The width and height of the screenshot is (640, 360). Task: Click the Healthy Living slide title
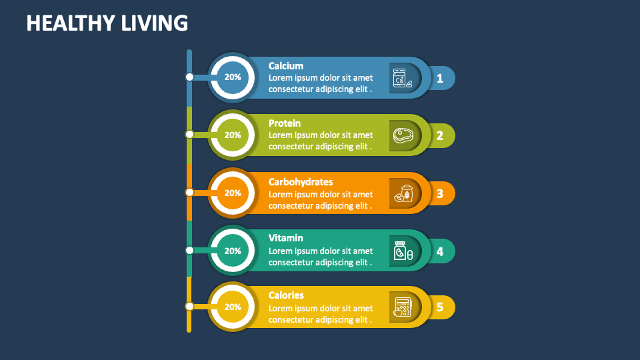(107, 23)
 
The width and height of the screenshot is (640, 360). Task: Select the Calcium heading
(286, 66)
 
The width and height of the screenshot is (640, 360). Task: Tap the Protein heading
(285, 123)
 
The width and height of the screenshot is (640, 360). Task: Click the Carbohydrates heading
(301, 181)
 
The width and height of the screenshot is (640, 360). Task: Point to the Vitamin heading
(286, 238)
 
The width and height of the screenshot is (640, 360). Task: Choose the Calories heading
(286, 295)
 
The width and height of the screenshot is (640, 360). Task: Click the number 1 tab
(440, 79)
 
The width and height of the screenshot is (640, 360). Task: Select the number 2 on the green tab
(440, 136)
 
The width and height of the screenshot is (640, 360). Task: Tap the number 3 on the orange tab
(440, 194)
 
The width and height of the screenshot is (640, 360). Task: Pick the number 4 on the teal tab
(440, 251)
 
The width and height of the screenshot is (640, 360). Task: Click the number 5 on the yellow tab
(440, 307)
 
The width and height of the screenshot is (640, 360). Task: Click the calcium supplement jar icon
(401, 79)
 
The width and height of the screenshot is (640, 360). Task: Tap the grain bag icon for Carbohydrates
(403, 193)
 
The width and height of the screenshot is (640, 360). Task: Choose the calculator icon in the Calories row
(403, 307)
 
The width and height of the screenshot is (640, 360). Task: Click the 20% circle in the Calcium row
(233, 77)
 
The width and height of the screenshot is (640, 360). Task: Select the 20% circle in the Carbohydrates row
(233, 193)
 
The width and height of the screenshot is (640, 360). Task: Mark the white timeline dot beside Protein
(190, 135)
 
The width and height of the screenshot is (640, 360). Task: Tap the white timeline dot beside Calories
(190, 307)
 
